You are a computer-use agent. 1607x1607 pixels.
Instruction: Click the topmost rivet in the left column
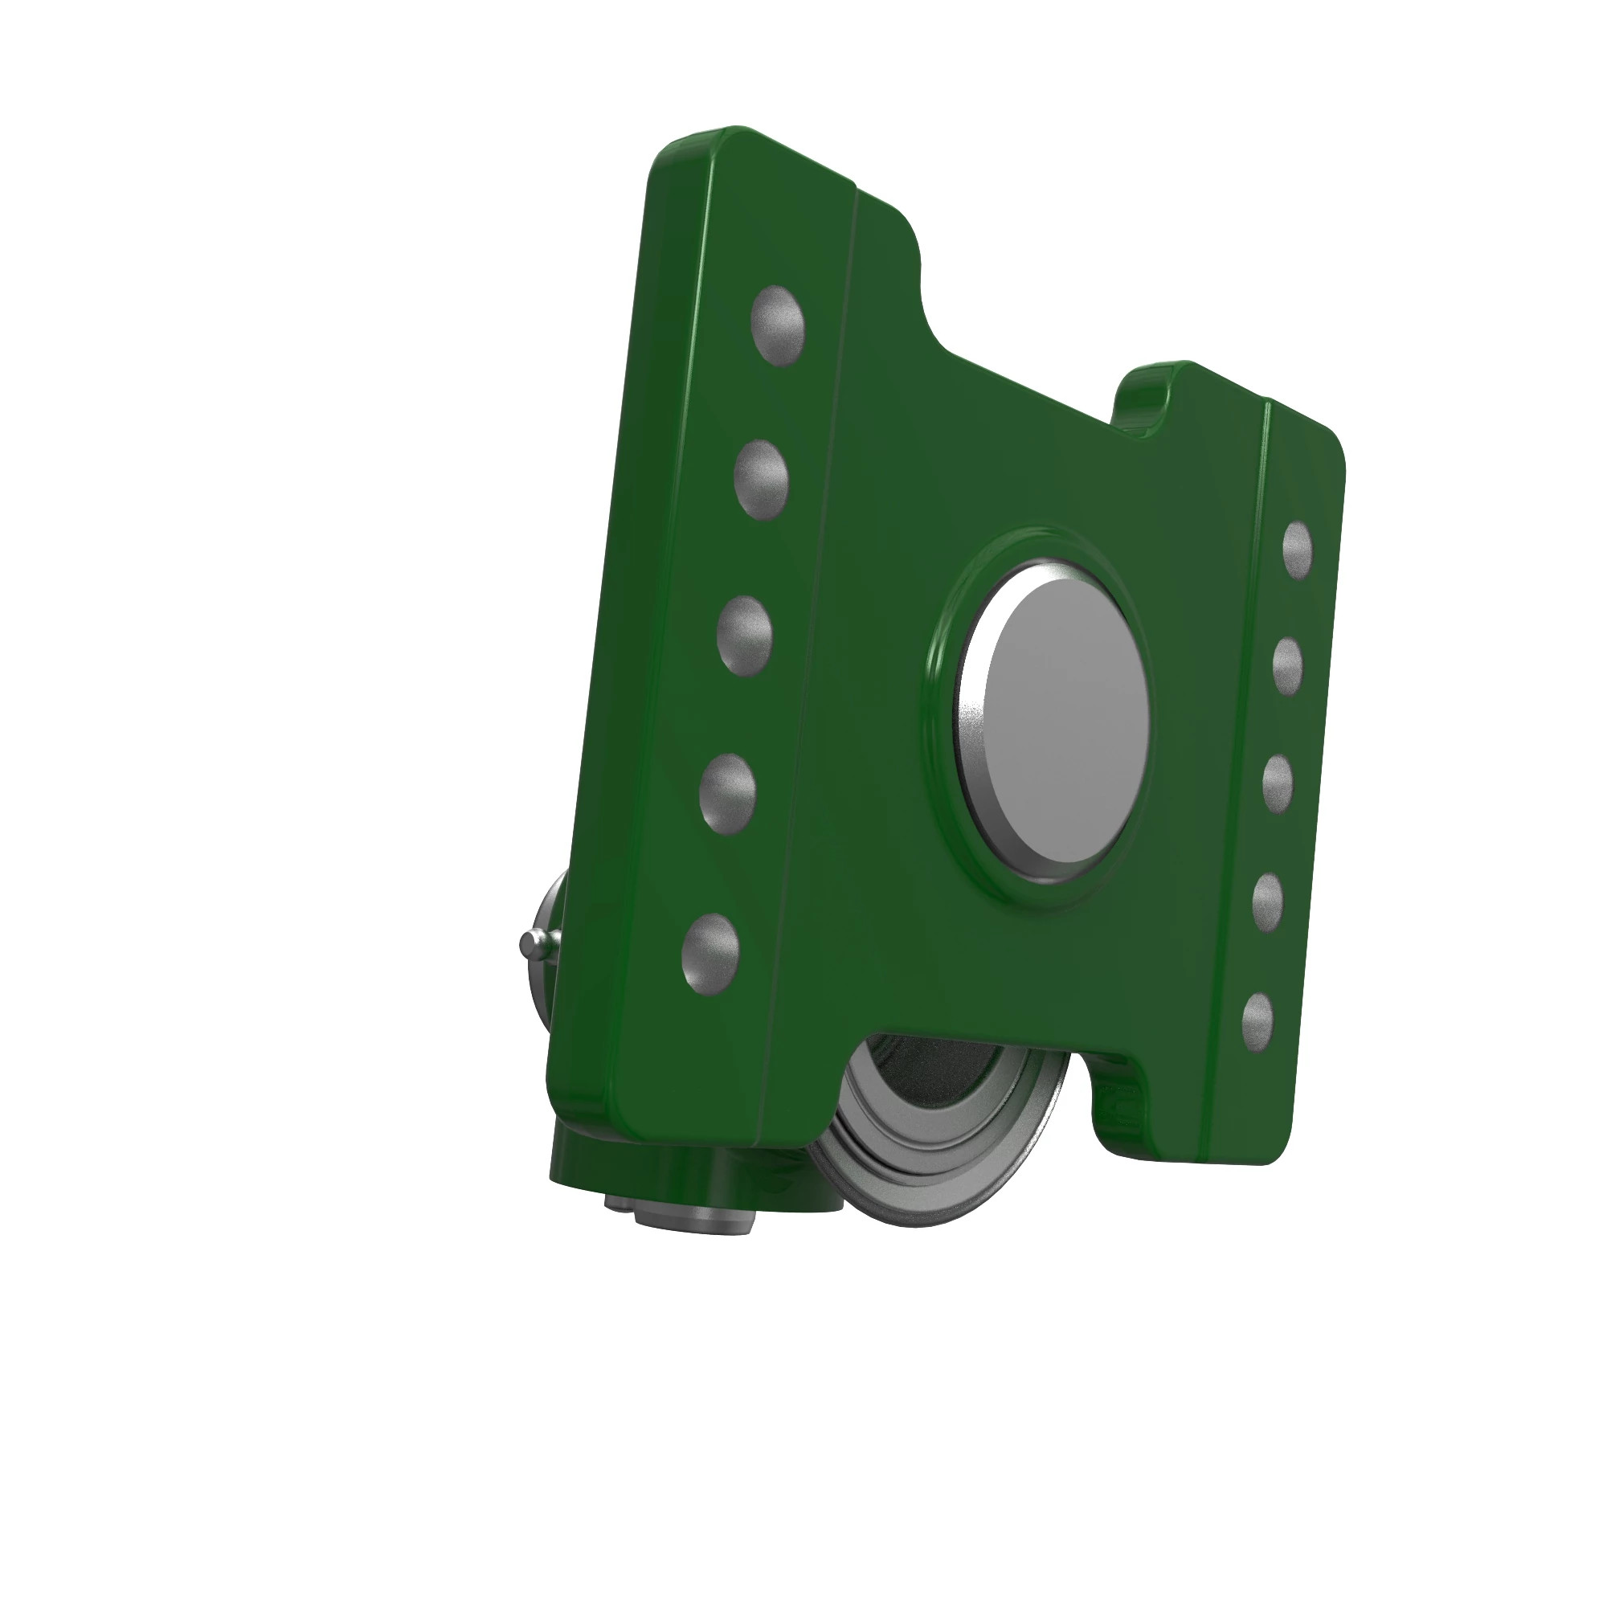point(777,325)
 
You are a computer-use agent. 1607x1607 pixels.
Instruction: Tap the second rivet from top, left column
point(760,480)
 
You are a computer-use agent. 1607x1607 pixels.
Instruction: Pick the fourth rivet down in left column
point(727,792)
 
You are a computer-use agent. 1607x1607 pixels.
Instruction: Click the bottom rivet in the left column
point(709,953)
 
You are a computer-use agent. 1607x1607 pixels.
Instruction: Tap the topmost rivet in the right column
point(1297,549)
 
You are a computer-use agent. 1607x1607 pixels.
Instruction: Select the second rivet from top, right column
point(1286,665)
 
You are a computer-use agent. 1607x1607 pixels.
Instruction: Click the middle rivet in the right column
point(1277,783)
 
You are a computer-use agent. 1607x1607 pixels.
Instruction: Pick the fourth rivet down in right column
point(1267,902)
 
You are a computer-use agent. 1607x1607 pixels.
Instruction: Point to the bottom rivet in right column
point(1256,1020)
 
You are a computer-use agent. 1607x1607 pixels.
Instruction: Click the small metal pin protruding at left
point(533,943)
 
